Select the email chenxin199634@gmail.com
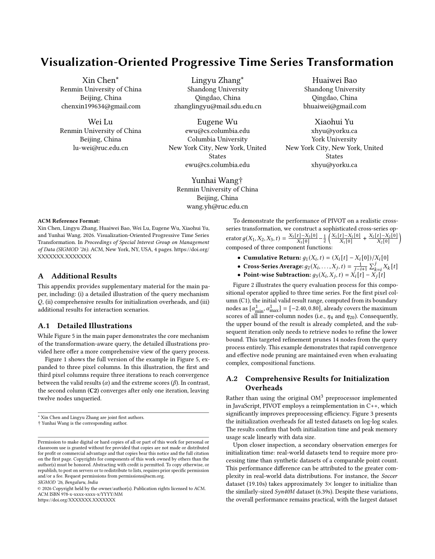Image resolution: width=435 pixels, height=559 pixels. click(x=101, y=106)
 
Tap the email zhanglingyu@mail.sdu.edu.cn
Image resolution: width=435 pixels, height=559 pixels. click(x=217, y=106)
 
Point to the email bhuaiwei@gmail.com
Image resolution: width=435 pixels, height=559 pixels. click(x=334, y=106)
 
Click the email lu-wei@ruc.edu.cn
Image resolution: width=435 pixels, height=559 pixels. click(x=101, y=148)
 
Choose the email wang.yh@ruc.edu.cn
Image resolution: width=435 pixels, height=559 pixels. click(x=217, y=206)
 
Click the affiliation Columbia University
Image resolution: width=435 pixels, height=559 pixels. click(x=217, y=139)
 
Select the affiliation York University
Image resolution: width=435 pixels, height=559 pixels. click(x=334, y=139)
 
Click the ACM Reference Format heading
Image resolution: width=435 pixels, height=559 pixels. click(x=68, y=221)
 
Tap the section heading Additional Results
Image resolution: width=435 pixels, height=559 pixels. click(x=84, y=276)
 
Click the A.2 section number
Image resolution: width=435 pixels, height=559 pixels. click(x=231, y=379)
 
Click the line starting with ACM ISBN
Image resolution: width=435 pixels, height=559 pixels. click(x=80, y=494)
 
